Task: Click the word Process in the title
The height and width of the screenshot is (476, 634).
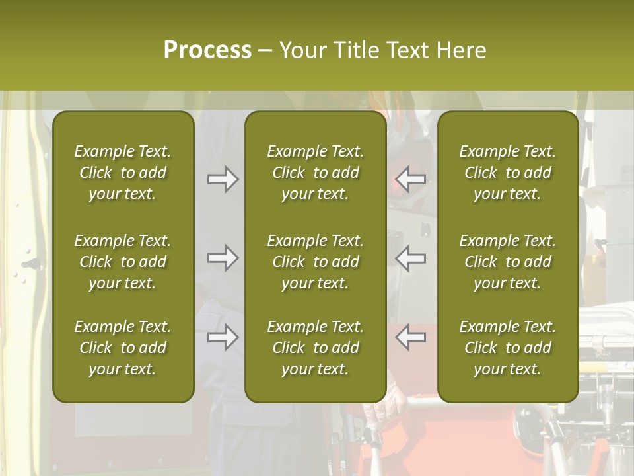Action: click(207, 50)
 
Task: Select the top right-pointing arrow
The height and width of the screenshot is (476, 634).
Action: click(223, 179)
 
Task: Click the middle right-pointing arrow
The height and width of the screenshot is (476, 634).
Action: click(223, 258)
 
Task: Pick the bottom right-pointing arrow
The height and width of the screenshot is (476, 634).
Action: click(223, 337)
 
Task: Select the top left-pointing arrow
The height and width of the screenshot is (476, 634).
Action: click(411, 179)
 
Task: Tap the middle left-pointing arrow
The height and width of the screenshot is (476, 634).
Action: click(411, 258)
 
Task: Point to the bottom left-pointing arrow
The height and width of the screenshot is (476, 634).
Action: click(411, 337)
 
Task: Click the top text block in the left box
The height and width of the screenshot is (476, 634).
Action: click(123, 173)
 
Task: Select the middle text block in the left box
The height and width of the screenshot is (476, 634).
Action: click(123, 262)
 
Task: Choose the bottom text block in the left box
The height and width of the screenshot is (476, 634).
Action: click(123, 348)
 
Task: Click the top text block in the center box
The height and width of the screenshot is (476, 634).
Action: click(316, 173)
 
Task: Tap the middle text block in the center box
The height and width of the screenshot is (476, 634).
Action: click(316, 262)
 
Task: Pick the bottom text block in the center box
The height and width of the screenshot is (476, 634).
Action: click(316, 348)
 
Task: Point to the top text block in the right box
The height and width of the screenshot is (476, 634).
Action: click(508, 173)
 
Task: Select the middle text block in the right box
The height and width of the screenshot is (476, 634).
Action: click(508, 262)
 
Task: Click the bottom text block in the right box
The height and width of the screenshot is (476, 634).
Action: click(508, 348)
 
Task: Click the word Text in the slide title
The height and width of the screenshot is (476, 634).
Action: click(407, 50)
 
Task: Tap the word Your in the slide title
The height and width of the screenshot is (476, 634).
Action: click(303, 50)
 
